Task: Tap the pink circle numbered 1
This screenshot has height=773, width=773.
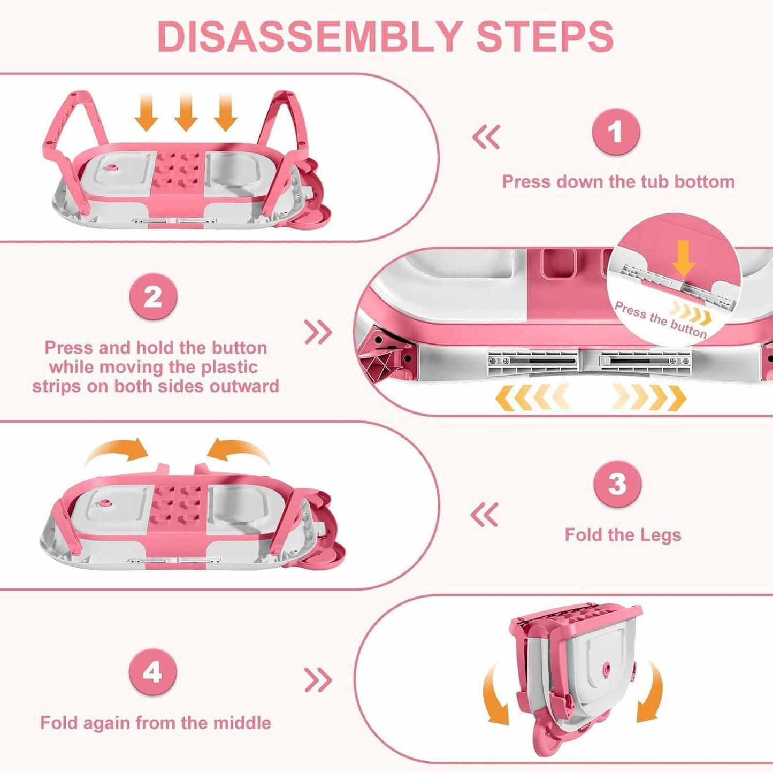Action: click(617, 132)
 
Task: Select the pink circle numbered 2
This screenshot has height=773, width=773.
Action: click(153, 297)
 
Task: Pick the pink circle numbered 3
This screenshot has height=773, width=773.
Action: click(617, 484)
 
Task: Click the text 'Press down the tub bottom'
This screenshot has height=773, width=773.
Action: click(618, 182)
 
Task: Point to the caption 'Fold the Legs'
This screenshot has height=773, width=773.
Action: click(623, 535)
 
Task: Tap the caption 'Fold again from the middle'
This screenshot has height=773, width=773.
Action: click(156, 723)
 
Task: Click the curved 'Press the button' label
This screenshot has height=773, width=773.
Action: click(661, 320)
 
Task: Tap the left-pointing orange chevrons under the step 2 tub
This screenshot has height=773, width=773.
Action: click(532, 397)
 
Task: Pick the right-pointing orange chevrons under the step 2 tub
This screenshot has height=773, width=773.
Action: click(649, 397)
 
